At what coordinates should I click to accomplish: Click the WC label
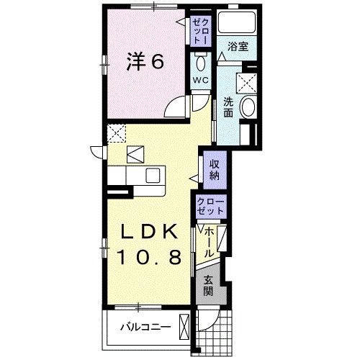tap(199, 80)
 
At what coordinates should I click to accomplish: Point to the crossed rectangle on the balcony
tap(186, 328)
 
